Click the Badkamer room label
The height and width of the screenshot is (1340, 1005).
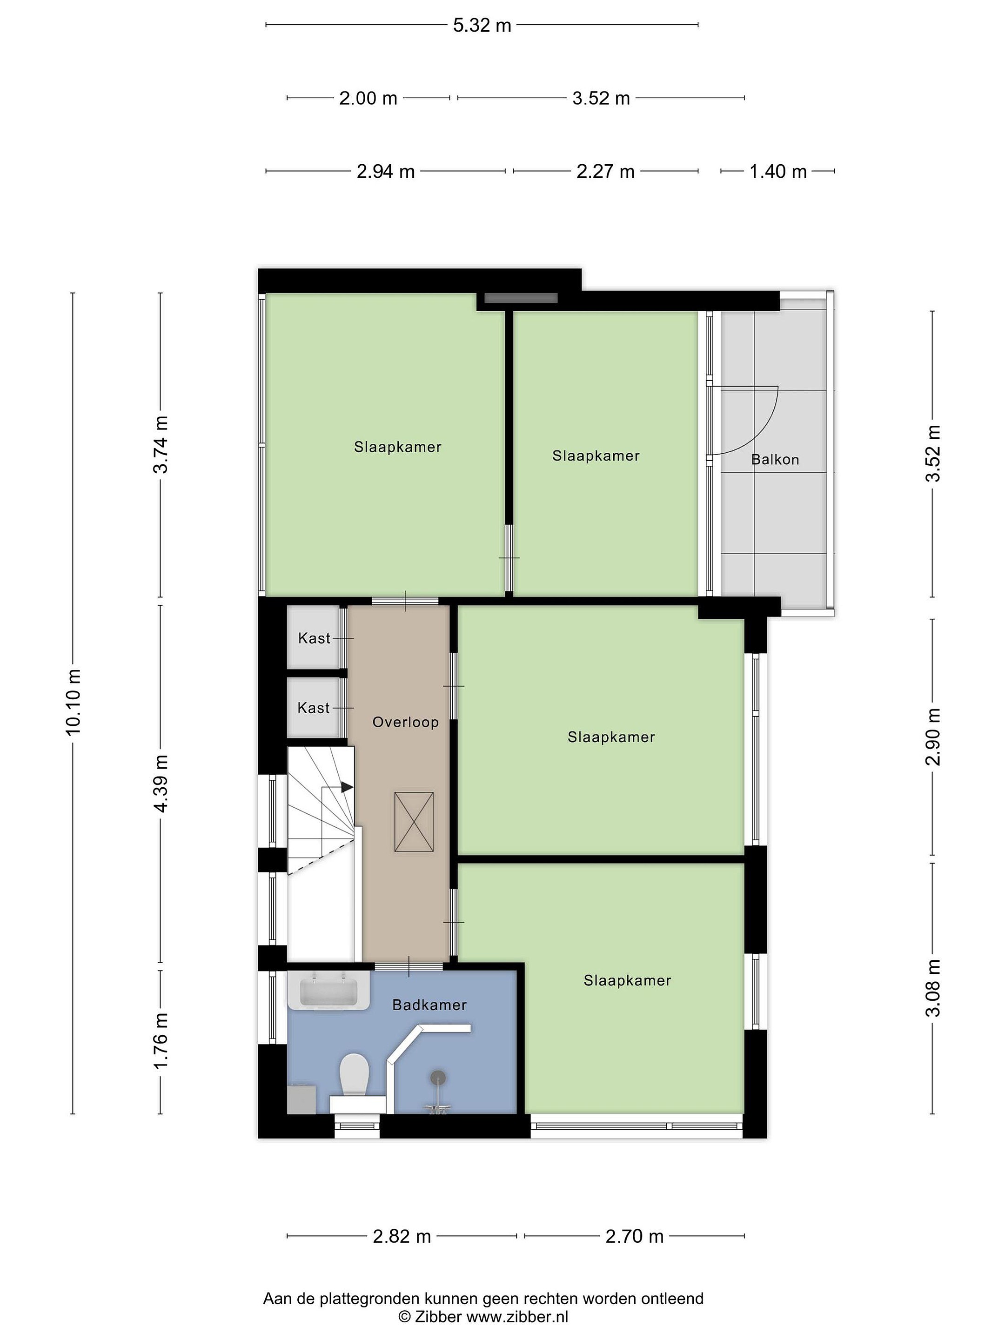[429, 1005]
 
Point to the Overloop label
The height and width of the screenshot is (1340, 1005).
[405, 722]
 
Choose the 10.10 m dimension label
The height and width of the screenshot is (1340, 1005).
[73, 703]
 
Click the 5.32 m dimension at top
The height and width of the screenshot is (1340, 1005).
[482, 26]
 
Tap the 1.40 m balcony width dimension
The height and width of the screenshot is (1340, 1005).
[778, 172]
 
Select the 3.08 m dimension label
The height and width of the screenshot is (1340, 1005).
[933, 997]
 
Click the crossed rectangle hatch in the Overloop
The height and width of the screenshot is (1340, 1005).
[414, 821]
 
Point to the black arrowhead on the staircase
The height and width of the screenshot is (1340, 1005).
[347, 787]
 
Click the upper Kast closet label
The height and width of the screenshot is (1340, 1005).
[314, 638]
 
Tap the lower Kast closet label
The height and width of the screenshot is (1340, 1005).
[314, 708]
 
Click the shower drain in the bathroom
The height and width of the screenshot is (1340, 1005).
[438, 1077]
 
